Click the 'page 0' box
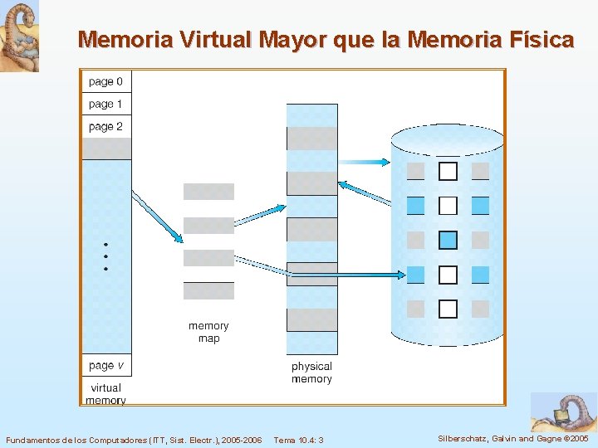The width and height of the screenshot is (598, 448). [105, 81]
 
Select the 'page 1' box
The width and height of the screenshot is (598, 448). [105, 104]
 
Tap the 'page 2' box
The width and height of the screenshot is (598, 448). [105, 126]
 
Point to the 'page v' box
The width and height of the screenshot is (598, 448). [105, 365]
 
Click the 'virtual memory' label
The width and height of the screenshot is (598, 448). [105, 393]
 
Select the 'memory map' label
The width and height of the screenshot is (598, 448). [208, 332]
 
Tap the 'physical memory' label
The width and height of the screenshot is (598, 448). [311, 373]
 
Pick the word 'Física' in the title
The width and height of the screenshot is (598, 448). [538, 39]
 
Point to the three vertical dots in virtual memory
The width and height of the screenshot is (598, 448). [106, 256]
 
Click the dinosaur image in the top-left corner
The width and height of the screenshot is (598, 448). [19, 36]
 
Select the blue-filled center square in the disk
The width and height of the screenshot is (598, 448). [448, 240]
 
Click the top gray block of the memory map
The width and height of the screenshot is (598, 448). [208, 192]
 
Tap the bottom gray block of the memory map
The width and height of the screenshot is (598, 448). [208, 290]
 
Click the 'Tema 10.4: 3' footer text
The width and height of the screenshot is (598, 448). [298, 440]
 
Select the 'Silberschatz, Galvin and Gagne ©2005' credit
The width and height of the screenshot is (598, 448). [512, 438]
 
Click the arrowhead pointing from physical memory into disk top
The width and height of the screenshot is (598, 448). [383, 163]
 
